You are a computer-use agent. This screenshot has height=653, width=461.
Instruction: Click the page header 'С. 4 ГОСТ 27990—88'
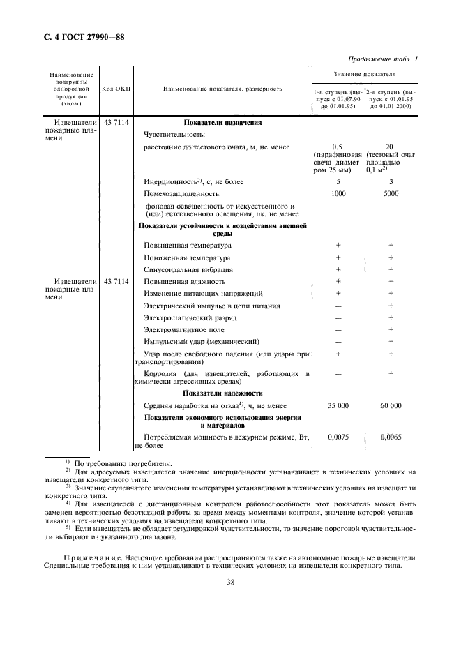[78, 36]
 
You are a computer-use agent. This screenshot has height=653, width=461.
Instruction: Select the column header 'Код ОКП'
[116, 89]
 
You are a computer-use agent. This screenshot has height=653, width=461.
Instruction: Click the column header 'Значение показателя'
[364, 73]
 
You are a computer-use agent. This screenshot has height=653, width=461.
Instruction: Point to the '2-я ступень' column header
[391, 98]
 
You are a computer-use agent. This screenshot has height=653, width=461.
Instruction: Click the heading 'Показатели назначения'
[222, 122]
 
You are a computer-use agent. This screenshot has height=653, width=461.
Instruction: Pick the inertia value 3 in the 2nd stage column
[391, 182]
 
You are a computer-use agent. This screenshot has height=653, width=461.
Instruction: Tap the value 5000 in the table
[391, 194]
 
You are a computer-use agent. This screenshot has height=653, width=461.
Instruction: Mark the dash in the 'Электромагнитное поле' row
[338, 329]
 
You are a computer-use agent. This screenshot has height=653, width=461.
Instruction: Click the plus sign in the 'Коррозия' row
[391, 374]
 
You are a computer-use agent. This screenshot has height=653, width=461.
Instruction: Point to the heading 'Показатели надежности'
[222, 393]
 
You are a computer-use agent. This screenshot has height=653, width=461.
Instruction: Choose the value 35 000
[338, 405]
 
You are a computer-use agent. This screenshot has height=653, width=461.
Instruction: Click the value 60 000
[391, 405]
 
